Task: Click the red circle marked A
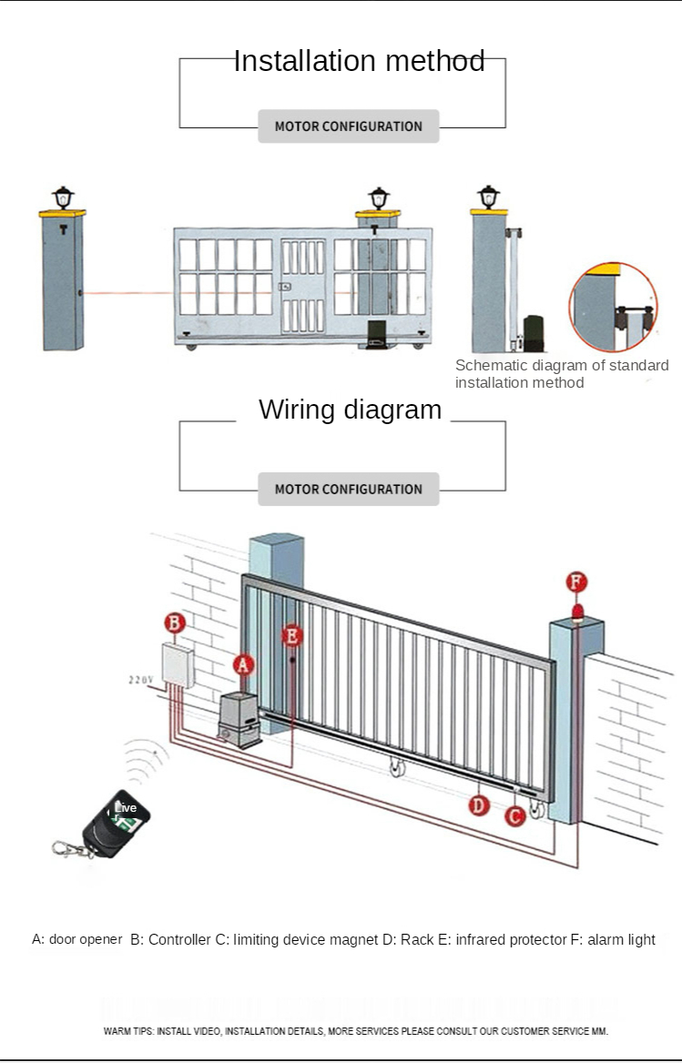(243, 664)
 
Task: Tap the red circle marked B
(176, 623)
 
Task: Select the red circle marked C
(515, 816)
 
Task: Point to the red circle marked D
(479, 805)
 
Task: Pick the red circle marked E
(291, 635)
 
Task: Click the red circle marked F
(576, 582)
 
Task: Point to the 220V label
(141, 680)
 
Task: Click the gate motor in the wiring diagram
(240, 717)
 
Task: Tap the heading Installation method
(359, 61)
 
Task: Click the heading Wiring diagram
(350, 409)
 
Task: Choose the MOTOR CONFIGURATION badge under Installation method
(348, 127)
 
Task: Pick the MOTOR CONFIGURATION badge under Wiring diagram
(348, 489)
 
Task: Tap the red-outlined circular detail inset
(613, 307)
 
